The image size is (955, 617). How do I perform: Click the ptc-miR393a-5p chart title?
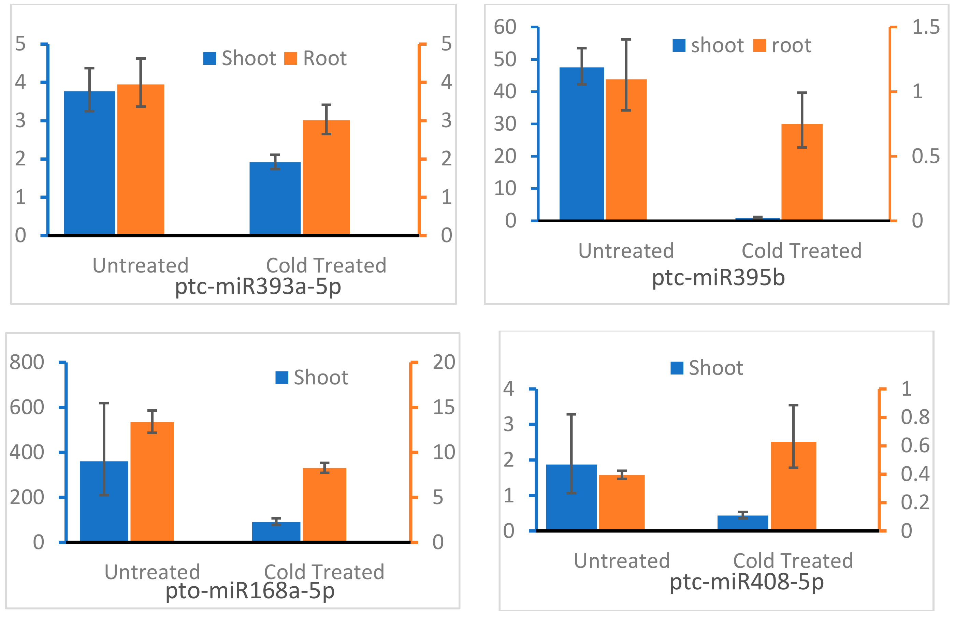[x=258, y=287]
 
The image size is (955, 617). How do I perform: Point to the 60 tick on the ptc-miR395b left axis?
[x=505, y=27]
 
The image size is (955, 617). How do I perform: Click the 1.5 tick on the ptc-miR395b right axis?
[x=926, y=27]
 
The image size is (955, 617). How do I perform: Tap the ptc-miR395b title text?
[x=718, y=278]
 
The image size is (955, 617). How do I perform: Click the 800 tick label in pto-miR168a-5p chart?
[x=27, y=362]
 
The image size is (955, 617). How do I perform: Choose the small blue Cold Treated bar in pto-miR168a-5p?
[x=276, y=531]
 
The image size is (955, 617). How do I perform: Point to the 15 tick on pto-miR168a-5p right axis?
[x=444, y=408]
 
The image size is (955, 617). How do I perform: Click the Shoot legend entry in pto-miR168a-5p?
[x=312, y=378]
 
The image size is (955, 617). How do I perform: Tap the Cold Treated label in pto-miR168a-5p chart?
[x=324, y=572]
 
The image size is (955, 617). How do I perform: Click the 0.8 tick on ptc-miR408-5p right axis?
[x=915, y=417]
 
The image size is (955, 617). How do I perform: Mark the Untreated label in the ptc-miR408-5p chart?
[x=622, y=560]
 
